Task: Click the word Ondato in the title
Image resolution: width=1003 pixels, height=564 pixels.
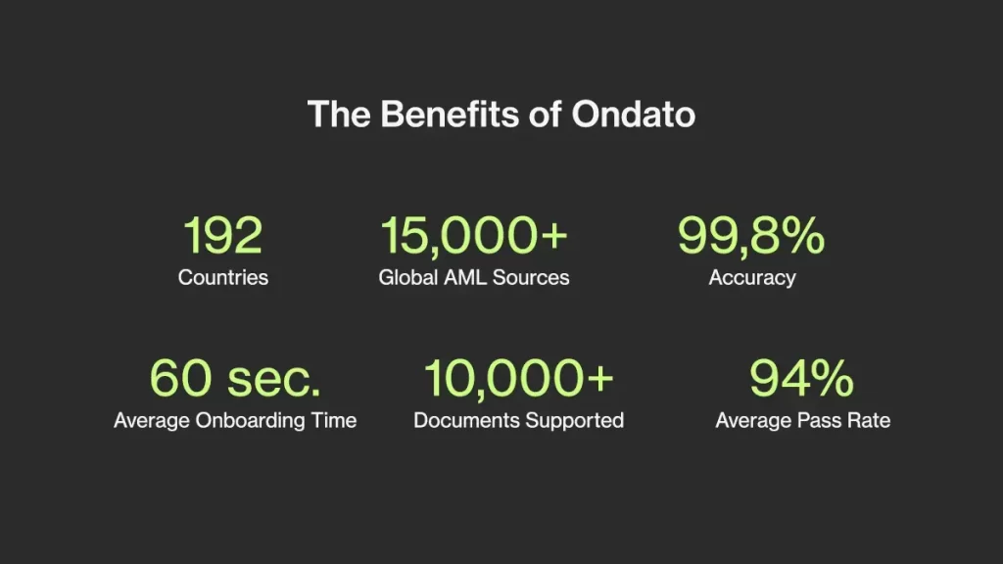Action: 634,115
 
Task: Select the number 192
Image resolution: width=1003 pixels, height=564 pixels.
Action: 222,235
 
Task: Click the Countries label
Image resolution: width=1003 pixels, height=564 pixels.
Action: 223,277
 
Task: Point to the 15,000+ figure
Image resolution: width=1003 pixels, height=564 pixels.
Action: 473,236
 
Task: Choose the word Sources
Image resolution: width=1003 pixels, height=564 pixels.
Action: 531,277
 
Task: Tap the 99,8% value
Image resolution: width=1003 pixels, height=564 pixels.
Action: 751,236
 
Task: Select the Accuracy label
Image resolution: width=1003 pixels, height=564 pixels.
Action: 752,278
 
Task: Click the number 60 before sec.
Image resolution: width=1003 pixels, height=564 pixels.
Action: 180,378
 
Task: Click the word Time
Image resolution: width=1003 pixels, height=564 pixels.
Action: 334,420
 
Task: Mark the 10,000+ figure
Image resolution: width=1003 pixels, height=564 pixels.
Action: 519,379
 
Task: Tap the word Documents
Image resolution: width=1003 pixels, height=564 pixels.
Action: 466,420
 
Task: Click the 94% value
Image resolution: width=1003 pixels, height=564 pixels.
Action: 801,378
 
